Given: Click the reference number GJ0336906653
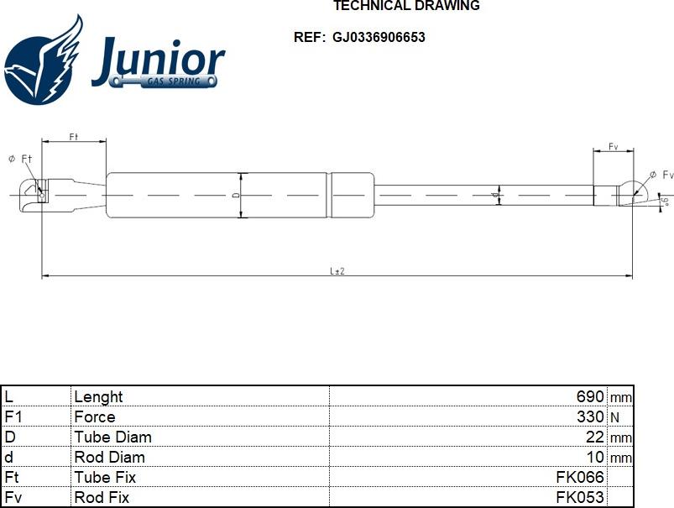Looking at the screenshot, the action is click(x=379, y=38).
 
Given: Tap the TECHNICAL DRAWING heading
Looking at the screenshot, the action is click(x=406, y=6).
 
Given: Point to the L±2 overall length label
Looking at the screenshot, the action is click(x=337, y=271).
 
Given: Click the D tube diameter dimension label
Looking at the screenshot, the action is click(x=236, y=196).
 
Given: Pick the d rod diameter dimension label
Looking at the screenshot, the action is click(x=495, y=196).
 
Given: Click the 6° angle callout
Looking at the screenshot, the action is click(x=666, y=201).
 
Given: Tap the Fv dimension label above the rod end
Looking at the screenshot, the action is click(x=613, y=147).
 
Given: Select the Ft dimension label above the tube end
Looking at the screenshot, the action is click(x=74, y=137).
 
